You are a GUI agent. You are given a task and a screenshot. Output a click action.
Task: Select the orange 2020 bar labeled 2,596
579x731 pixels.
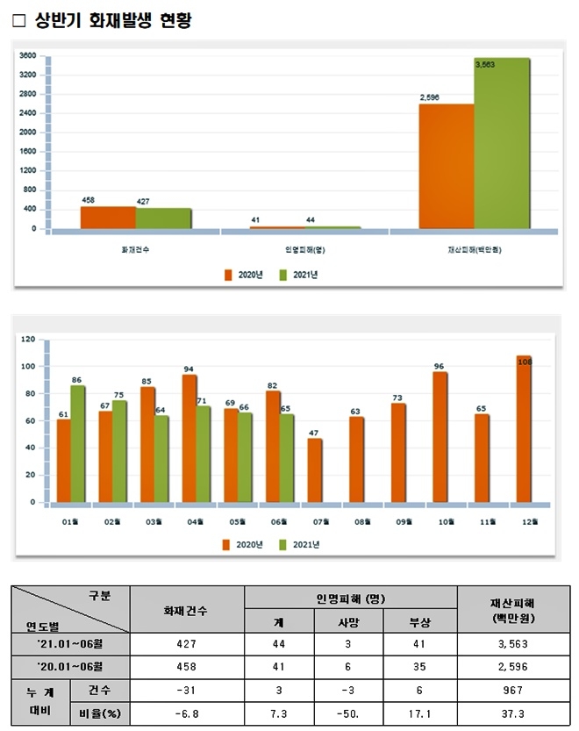[x=446, y=167]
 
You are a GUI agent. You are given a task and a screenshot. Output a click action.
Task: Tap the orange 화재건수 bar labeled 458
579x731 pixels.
[x=107, y=218]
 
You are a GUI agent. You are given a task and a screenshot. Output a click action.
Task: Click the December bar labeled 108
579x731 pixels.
[x=524, y=430]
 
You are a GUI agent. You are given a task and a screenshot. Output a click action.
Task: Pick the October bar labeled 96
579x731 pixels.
[x=440, y=438]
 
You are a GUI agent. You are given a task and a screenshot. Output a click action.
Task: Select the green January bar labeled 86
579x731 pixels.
[x=77, y=444]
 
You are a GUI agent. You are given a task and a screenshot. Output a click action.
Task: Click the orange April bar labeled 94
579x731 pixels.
[x=188, y=439]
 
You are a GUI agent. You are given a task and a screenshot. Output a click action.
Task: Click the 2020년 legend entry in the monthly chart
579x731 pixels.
[x=245, y=545]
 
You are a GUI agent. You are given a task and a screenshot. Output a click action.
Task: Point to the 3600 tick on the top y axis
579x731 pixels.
[x=27, y=55]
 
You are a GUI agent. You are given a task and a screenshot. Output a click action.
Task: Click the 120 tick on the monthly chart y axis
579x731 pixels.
[x=27, y=340]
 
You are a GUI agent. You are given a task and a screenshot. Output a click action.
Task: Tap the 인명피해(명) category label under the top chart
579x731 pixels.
[x=304, y=250]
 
